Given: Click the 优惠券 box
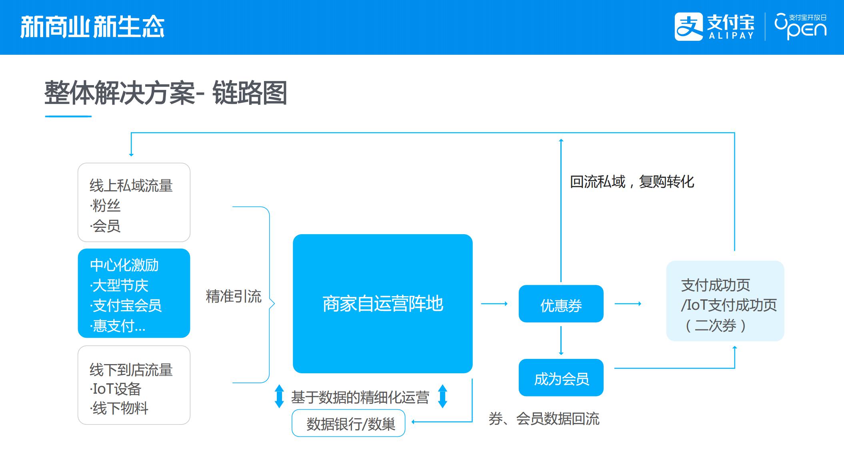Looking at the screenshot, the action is point(561,304).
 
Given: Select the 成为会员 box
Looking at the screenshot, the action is point(561,378).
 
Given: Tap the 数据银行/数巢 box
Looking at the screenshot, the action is point(348,423).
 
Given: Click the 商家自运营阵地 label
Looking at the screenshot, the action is point(383,304).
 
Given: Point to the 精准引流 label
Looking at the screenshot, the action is point(234,297).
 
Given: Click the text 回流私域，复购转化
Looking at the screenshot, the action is point(632,182).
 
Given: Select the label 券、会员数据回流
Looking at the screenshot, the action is point(544,419).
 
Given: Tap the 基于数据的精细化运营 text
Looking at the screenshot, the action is point(360,397).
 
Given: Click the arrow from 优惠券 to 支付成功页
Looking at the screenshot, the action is point(628,304).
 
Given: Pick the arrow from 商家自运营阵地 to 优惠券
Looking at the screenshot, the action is point(494,304).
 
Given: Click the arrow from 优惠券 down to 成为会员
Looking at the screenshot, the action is point(561,341).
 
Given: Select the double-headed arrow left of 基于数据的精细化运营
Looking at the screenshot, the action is point(279,396).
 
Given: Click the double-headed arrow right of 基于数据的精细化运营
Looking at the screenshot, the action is point(442,396).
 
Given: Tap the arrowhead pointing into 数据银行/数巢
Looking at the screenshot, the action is point(413,422).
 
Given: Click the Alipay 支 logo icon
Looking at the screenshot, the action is point(688,26).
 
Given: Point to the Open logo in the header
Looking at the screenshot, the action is point(800,26).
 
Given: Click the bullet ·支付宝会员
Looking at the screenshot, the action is point(126,306).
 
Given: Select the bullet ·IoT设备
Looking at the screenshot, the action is point(116,389).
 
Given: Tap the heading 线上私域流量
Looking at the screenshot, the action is point(131,185).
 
